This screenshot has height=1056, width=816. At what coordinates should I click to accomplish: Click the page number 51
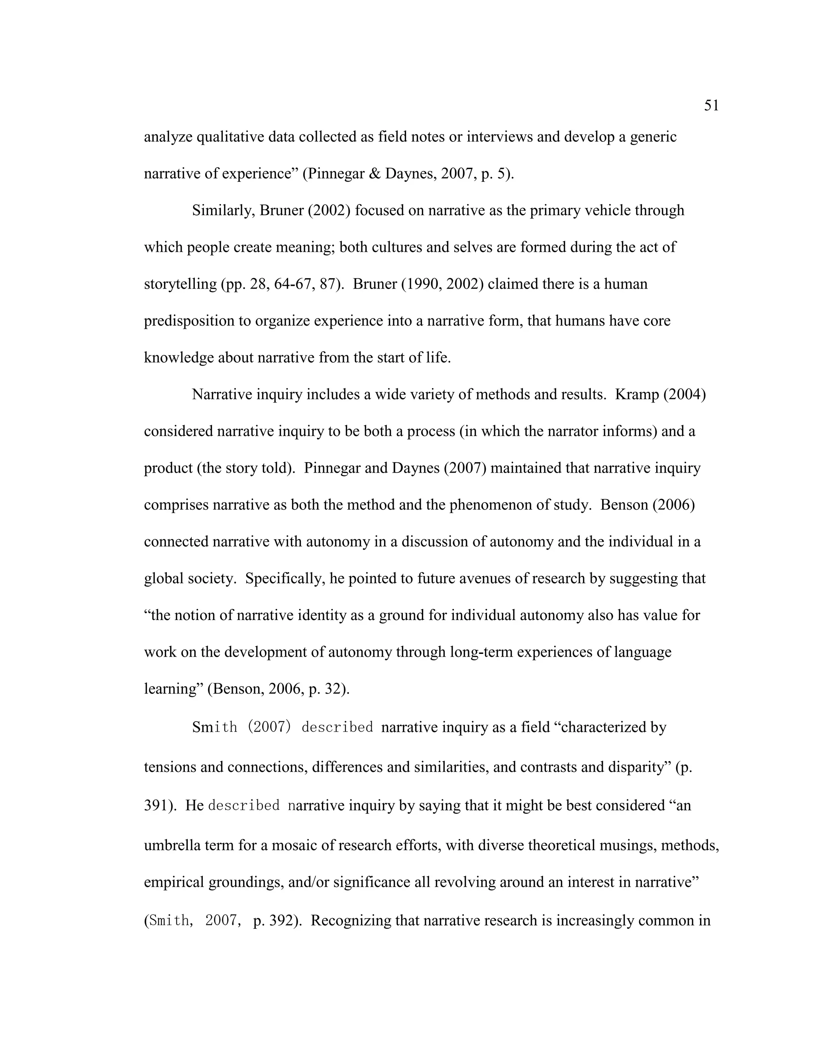(x=711, y=106)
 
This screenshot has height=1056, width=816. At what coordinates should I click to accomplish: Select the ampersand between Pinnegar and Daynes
(x=375, y=174)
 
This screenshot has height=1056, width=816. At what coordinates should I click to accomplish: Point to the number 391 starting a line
(x=156, y=805)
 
